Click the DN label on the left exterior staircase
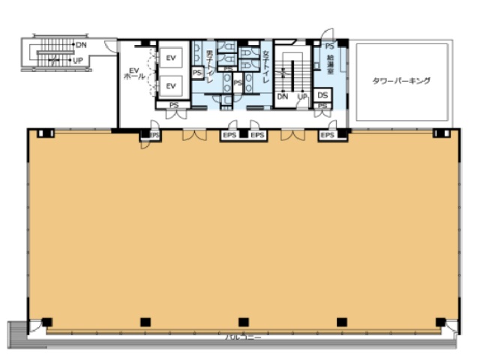coord(81,46)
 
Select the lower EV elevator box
coord(171,85)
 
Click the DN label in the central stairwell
coord(283,97)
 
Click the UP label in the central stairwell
coord(302,97)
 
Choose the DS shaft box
coord(322,95)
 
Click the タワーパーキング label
coord(401,80)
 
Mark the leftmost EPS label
coord(154,135)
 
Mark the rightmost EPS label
coord(328,135)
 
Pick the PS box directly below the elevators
coord(173,105)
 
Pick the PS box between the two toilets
coord(237,82)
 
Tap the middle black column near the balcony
coord(243,322)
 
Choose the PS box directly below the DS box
coord(322,106)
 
